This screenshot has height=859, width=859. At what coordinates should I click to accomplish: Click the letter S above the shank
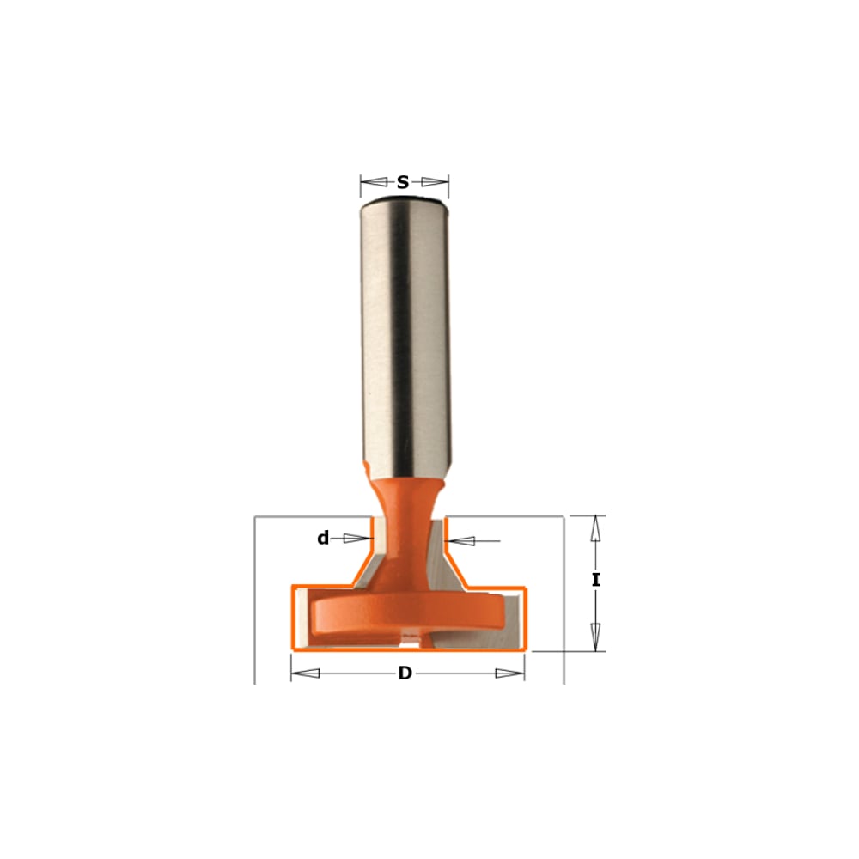point(403,182)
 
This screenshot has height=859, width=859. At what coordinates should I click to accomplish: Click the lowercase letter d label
point(323,538)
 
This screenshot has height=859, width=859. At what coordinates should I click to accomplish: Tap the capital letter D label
point(405,673)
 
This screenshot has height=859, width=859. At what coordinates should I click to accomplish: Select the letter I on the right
point(596,580)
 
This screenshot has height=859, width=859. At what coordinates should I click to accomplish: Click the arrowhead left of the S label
point(375,182)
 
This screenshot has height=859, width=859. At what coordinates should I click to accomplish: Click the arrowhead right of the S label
point(435,182)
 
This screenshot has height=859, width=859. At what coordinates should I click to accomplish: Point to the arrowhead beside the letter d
point(356,539)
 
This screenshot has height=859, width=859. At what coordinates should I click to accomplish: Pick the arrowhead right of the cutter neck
point(460,541)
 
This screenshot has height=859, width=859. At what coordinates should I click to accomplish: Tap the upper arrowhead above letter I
point(596,529)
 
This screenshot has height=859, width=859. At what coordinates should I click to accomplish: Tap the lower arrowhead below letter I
point(596,637)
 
